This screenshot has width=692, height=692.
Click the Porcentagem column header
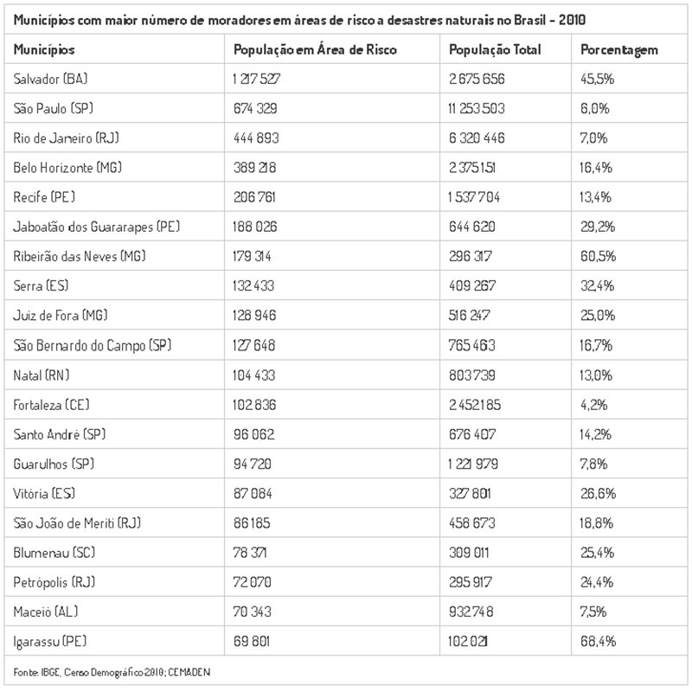619,50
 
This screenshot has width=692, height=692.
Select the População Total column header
495,49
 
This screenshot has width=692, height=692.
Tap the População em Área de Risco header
315,49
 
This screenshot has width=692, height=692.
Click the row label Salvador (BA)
50,79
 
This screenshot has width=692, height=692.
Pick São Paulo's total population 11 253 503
477,108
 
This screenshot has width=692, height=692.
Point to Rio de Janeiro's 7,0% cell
593,138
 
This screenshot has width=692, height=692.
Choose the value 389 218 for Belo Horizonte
254,167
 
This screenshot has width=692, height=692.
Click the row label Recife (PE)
44,197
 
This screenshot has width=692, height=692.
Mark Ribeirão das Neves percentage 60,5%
598,256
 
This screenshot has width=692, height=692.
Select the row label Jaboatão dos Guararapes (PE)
97,227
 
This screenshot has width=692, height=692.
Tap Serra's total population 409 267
472,285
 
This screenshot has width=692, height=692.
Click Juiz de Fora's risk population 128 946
254,315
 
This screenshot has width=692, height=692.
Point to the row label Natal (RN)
42,375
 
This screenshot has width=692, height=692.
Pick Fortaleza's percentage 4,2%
593,405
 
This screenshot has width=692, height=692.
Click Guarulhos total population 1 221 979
473,464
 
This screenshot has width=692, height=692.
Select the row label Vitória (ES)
44,493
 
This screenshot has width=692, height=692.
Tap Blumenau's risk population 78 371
250,553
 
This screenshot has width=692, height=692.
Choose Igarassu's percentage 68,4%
598,641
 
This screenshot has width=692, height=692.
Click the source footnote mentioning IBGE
112,672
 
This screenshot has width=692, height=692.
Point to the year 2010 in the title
572,20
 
